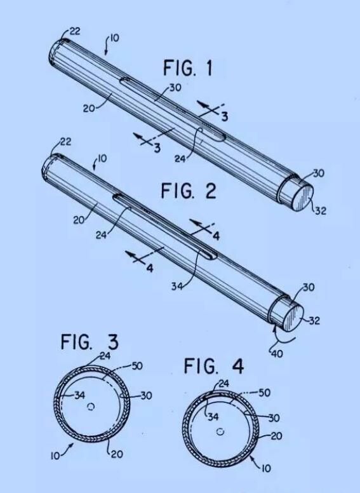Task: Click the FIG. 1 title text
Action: pos(187,68)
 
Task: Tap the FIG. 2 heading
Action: pos(189,190)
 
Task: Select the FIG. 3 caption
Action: pos(90,342)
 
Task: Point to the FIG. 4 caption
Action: pos(213,366)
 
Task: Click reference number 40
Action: pos(277,354)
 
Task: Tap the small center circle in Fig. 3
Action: pos(91,407)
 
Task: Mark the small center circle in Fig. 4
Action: pos(220,431)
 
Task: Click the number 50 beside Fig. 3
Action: pos(137,366)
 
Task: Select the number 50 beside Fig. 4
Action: pos(264,393)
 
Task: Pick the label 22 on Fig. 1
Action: pos(74,31)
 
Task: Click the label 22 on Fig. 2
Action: pos(65,142)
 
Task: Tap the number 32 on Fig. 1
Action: pos(321,210)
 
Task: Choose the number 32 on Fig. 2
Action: pos(314,320)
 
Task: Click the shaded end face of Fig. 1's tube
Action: pos(302,198)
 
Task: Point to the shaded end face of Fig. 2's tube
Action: pos(293,318)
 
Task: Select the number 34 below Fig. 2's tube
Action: pos(177,287)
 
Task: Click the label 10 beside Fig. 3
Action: pos(55,456)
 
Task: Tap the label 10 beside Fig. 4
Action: pos(266,468)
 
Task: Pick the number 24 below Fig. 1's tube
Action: pos(180,159)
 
